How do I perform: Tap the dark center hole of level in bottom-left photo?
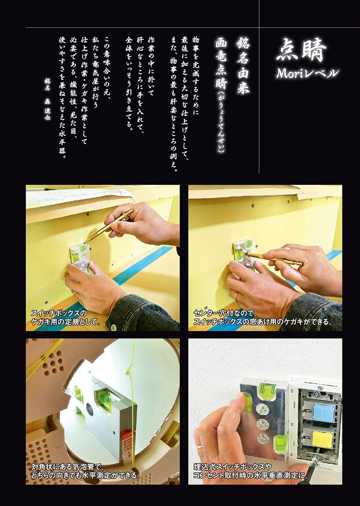(x=90, y=408)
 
